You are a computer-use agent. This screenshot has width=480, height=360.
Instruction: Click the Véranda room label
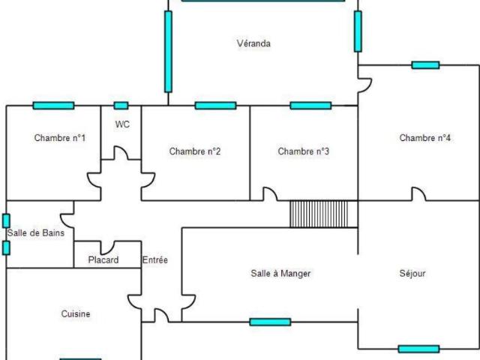(253, 43)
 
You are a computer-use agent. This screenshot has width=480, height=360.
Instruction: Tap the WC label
(122, 124)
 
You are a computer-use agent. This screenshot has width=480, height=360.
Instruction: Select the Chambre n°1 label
(60, 138)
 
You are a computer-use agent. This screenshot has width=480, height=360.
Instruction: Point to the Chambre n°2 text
(195, 151)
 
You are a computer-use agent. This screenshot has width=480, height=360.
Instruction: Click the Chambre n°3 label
(303, 151)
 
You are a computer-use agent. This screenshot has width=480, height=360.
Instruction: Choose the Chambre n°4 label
(425, 138)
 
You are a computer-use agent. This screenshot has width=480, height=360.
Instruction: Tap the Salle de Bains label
(36, 233)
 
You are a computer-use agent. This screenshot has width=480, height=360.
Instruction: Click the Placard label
(103, 260)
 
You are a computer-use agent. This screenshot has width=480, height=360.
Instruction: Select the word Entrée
(155, 260)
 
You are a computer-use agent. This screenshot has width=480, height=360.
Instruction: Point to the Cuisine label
(76, 313)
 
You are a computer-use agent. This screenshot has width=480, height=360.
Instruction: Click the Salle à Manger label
(280, 273)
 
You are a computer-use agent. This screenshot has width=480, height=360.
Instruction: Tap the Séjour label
(412, 273)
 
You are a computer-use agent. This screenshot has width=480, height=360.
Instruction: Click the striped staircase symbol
(319, 214)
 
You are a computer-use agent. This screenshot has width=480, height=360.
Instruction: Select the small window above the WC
(121, 106)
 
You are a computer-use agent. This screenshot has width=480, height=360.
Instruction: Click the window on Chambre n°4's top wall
(425, 65)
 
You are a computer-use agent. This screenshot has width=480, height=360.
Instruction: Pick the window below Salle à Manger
(270, 322)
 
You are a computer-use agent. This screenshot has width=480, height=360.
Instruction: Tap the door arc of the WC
(122, 151)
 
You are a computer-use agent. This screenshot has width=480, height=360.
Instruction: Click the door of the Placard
(108, 248)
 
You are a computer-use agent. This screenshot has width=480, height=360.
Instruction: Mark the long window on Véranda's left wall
(168, 52)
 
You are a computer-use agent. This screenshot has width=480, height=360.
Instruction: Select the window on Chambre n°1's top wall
(53, 106)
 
